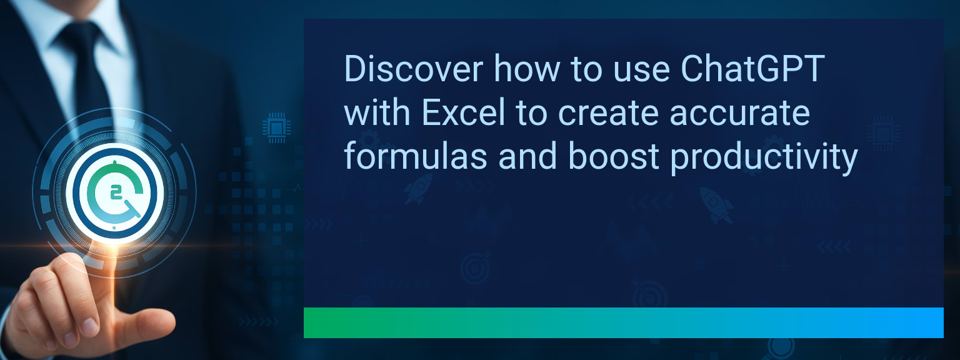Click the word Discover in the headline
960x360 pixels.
pos(414,69)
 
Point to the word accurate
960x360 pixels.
pos(740,114)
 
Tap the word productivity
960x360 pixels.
pos(764,159)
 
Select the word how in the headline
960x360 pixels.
pos(527,69)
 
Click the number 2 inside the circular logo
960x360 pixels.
pos(116,193)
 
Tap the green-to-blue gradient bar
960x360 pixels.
pos(624,322)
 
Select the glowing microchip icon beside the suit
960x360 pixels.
pos(276,127)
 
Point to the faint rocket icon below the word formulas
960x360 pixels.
pos(418,189)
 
